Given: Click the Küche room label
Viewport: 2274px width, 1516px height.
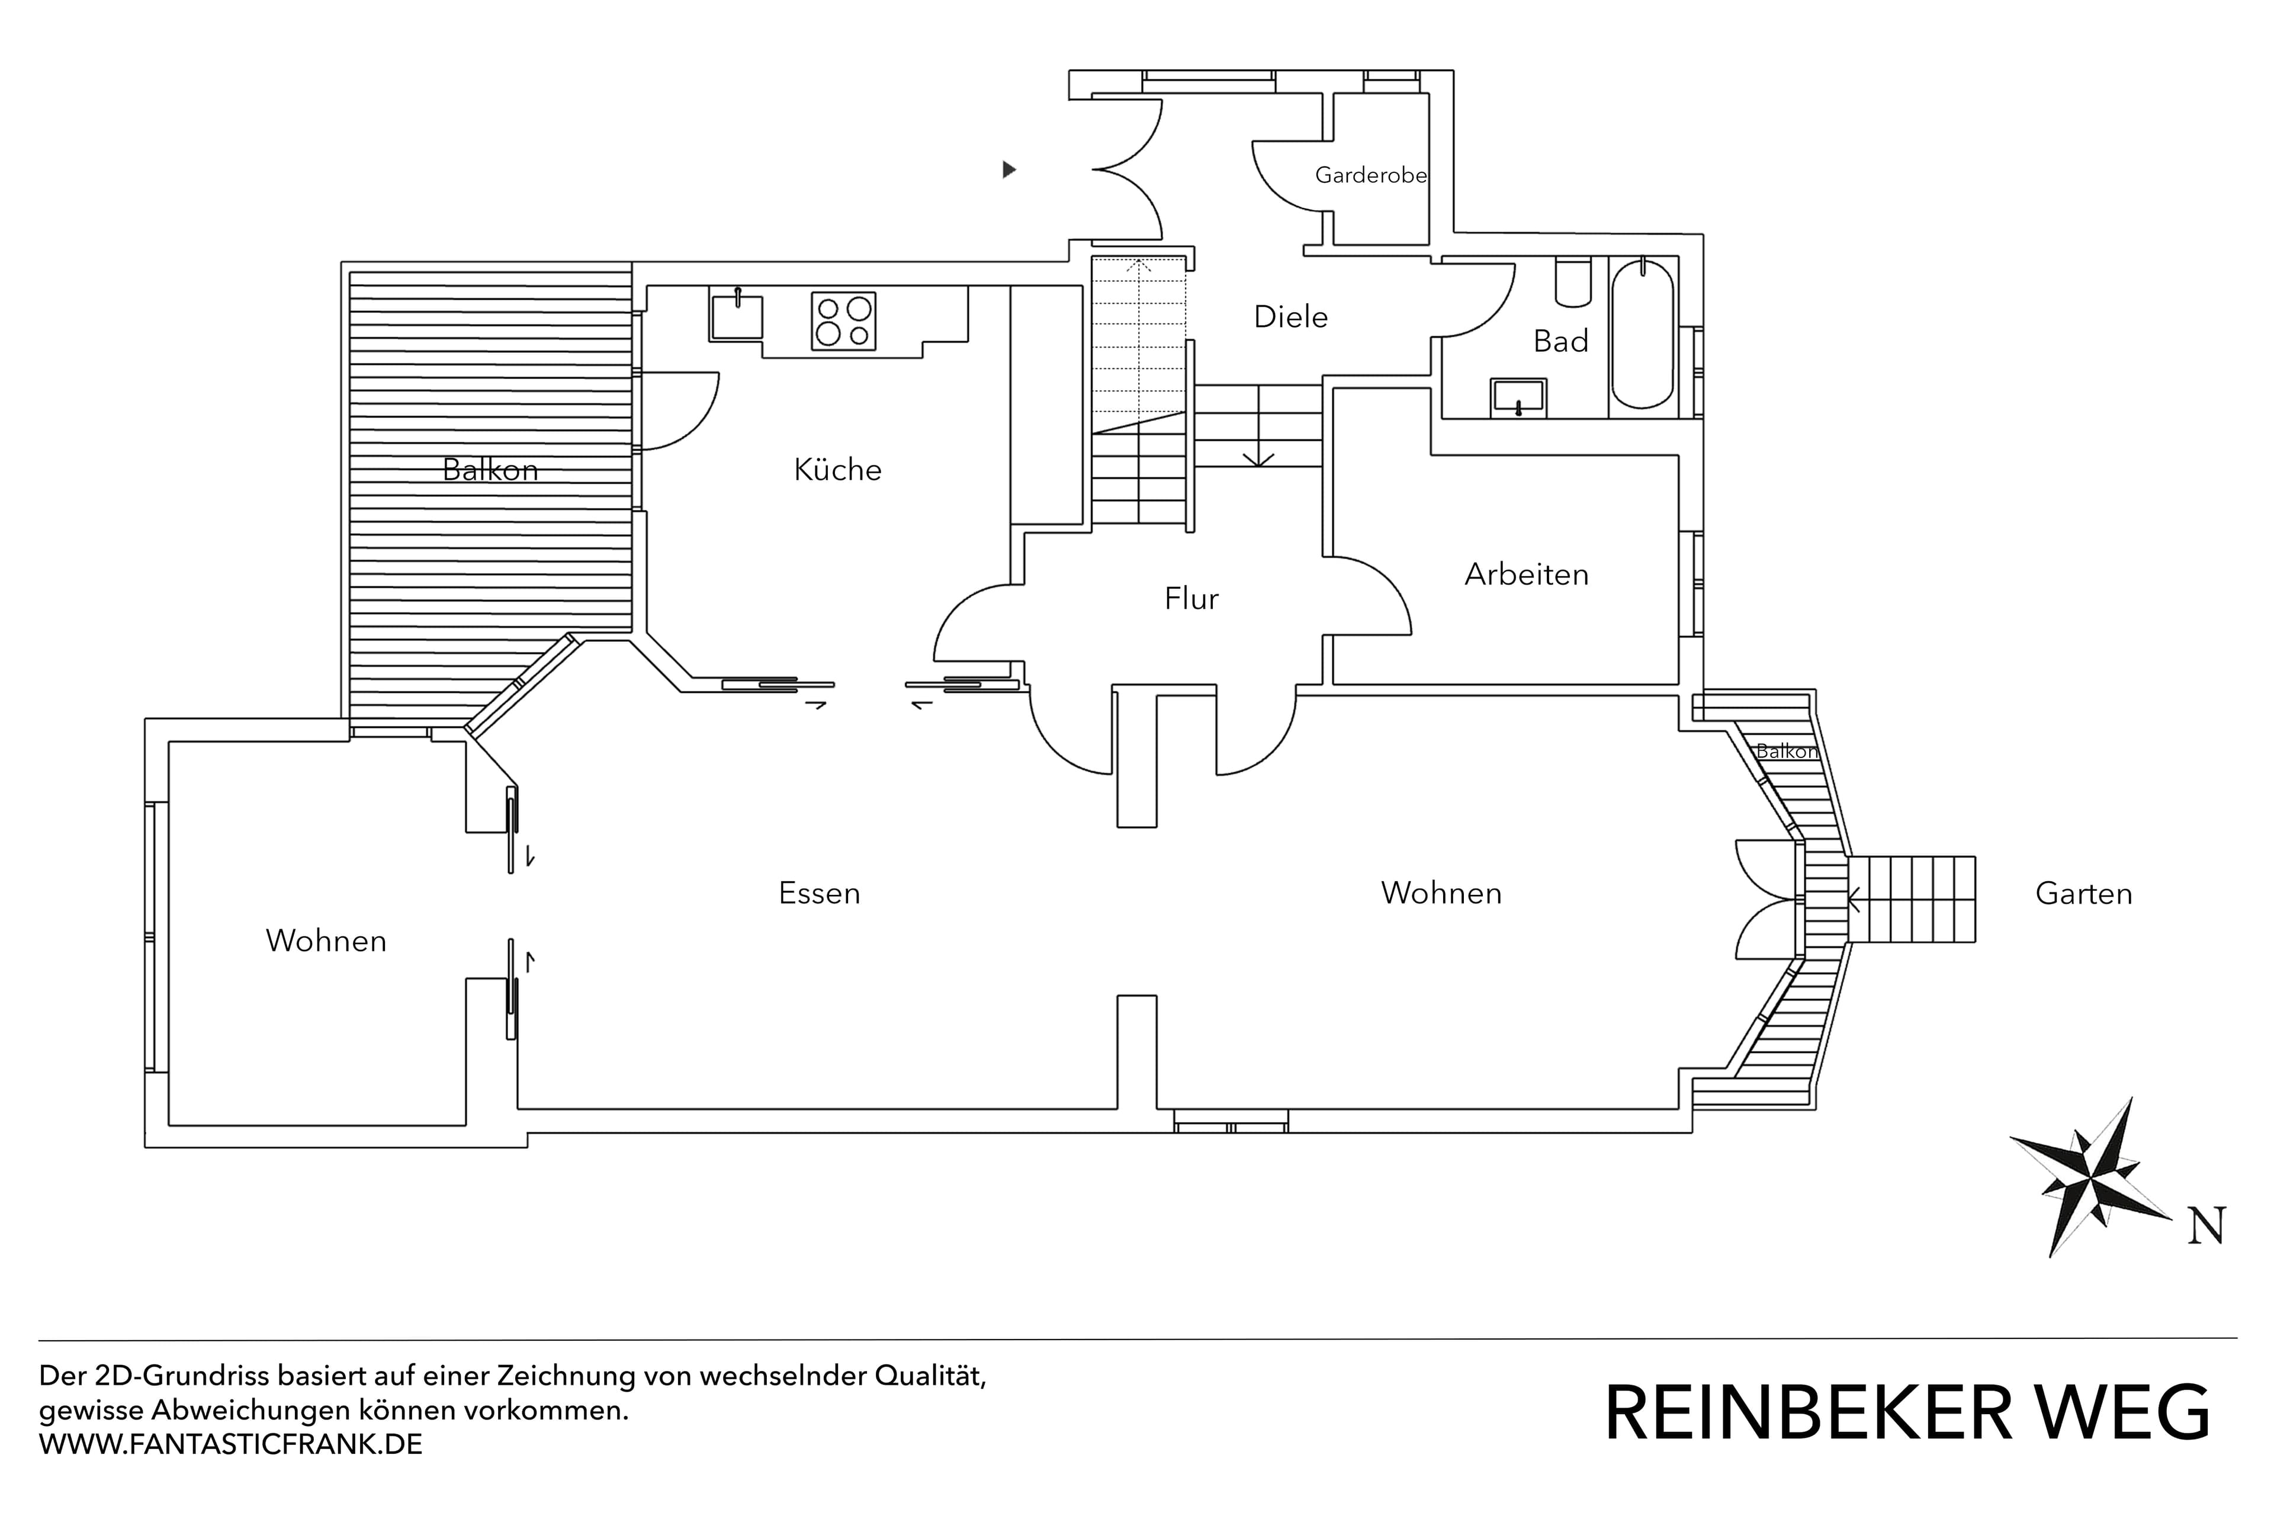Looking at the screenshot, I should (x=837, y=470).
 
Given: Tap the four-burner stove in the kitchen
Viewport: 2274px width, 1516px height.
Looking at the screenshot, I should (x=843, y=321).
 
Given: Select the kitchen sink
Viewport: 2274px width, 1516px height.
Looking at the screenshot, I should (x=737, y=317).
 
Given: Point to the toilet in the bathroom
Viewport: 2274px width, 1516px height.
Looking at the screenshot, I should (x=1573, y=282).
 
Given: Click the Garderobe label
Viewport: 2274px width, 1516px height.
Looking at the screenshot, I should (x=1370, y=175).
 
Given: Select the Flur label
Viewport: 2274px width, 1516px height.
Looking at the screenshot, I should (x=1191, y=599).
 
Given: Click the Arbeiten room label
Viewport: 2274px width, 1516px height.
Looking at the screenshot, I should (x=1525, y=574).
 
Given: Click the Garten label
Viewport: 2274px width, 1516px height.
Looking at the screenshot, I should (x=2083, y=894).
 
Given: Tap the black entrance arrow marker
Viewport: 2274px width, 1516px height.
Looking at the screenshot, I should (x=1008, y=170).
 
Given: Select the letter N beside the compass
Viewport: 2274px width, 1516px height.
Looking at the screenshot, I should (x=2207, y=1226).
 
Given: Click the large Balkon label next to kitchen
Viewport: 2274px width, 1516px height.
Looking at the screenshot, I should (x=490, y=470).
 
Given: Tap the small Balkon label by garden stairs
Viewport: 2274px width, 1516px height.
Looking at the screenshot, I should (x=1786, y=751).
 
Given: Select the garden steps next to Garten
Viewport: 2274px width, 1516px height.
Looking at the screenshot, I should (x=1912, y=899).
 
